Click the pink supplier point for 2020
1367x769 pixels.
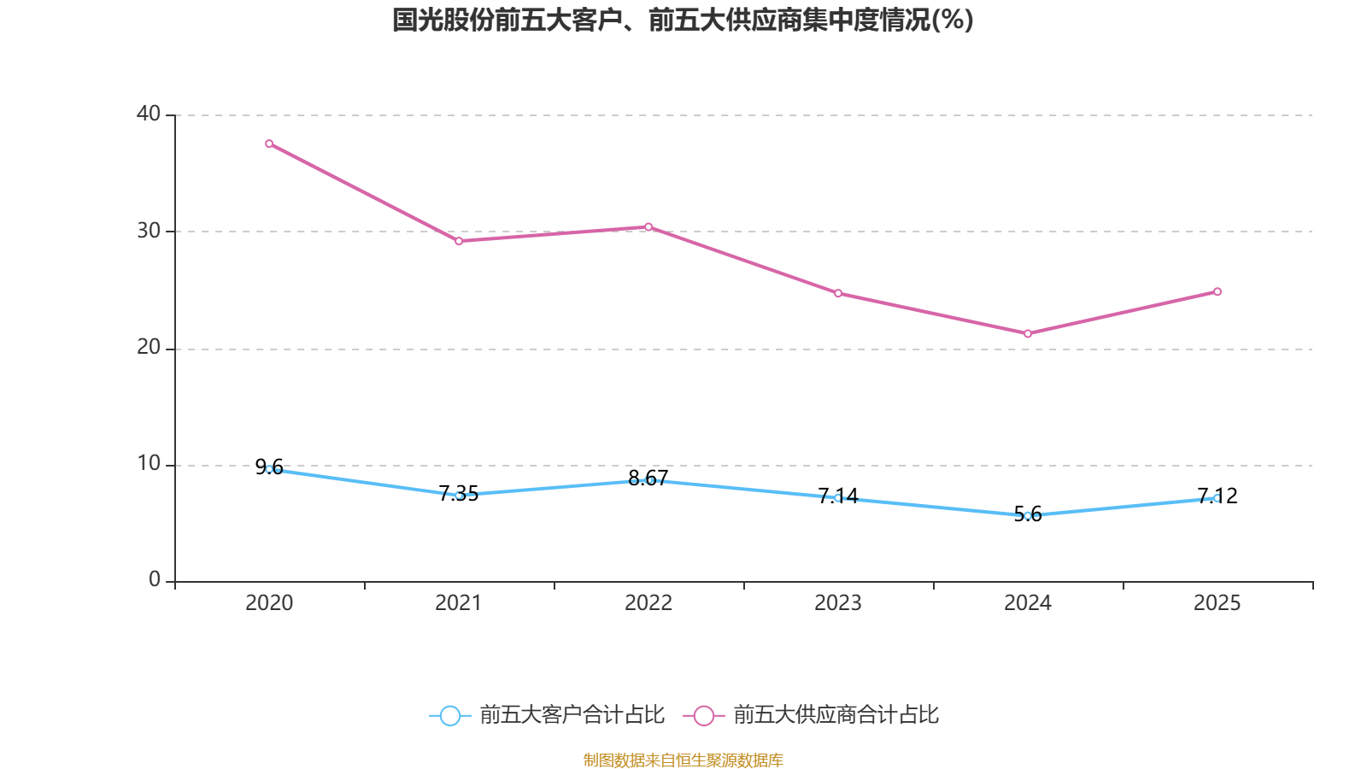click(x=269, y=144)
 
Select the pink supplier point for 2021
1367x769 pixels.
click(x=459, y=241)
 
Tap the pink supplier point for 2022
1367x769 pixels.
click(x=648, y=226)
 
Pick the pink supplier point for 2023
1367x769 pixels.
click(x=838, y=293)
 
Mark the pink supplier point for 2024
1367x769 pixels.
click(x=1028, y=333)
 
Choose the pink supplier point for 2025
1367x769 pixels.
click(x=1217, y=291)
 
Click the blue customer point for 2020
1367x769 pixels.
click(x=269, y=469)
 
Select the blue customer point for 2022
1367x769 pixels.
click(x=648, y=480)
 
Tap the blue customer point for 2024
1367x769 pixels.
click(x=1028, y=516)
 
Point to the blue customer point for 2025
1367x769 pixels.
click(x=1217, y=498)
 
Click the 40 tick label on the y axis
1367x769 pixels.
click(x=149, y=114)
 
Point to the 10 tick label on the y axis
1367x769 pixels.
click(x=149, y=464)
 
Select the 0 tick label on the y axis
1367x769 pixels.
click(x=155, y=580)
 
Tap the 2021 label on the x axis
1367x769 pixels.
click(x=459, y=603)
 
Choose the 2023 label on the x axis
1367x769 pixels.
click(x=838, y=603)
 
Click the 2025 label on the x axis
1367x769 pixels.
click(x=1217, y=603)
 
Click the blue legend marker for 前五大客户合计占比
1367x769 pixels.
click(x=449, y=715)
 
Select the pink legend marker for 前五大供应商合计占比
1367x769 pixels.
click(x=703, y=715)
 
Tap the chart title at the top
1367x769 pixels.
click(x=683, y=20)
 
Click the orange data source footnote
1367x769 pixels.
click(x=683, y=760)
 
